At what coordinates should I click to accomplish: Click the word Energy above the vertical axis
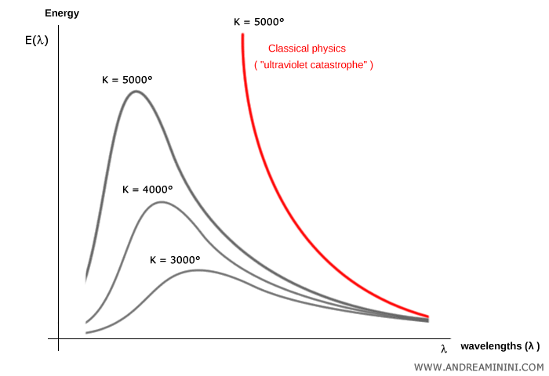pyautogui.click(x=62, y=13)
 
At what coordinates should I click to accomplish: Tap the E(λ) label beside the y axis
pyautogui.click(x=37, y=41)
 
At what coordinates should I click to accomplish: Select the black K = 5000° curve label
pyautogui.click(x=127, y=79)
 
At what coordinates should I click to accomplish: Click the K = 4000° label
pyautogui.click(x=147, y=189)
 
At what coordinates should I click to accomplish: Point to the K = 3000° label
pyautogui.click(x=175, y=259)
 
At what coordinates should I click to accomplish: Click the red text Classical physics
pyautogui.click(x=307, y=49)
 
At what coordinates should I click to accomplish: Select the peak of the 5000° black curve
pyautogui.click(x=136, y=92)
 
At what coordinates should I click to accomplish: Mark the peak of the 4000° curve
pyautogui.click(x=161, y=202)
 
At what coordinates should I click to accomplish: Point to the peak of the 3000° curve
pyautogui.click(x=198, y=270)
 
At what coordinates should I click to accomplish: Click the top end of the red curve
pyautogui.click(x=242, y=34)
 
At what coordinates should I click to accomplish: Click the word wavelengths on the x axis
pyautogui.click(x=491, y=346)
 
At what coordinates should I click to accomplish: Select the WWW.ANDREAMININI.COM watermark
pyautogui.click(x=478, y=367)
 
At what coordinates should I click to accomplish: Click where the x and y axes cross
pyautogui.click(x=59, y=338)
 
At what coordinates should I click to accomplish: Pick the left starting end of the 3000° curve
pyautogui.click(x=86, y=333)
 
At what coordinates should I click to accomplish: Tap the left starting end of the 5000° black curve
pyautogui.click(x=86, y=278)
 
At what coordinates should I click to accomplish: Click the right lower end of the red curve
pyautogui.click(x=428, y=316)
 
